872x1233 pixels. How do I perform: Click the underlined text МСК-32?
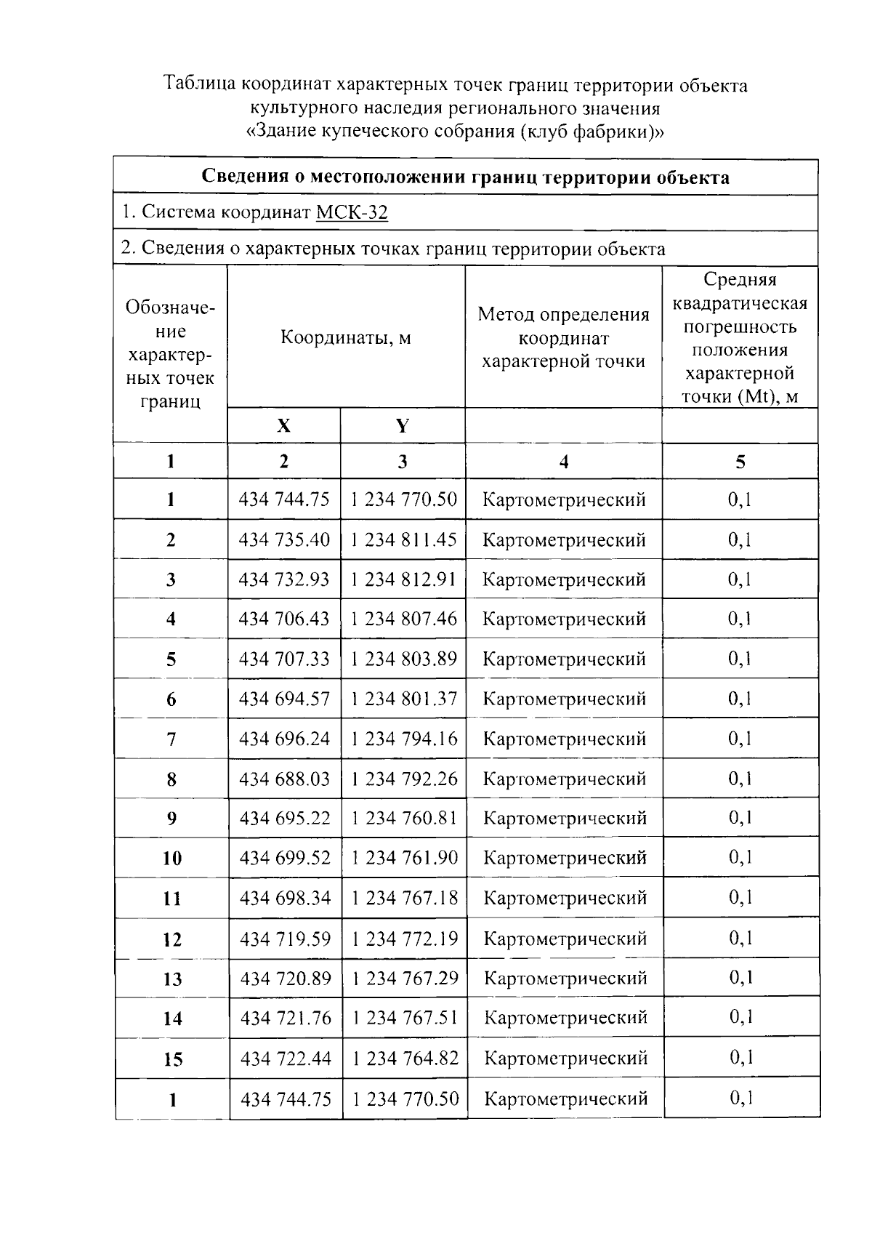coord(352,212)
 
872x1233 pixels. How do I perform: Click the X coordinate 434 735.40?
coord(284,540)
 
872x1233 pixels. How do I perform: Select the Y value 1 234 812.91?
coord(403,579)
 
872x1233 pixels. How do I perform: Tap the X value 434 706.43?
coord(284,619)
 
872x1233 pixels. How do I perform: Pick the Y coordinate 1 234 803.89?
coord(403,659)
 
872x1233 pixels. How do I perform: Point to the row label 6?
coord(171,699)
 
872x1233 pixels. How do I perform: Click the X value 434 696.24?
coord(284,739)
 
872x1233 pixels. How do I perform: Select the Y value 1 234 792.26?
coord(404,779)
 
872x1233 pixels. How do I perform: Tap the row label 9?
coord(171,819)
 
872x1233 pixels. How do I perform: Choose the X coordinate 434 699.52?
coord(285,858)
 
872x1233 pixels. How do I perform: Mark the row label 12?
coord(172,939)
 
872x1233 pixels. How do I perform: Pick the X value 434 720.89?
coord(286,978)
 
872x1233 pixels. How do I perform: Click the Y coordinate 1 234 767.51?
coord(405,1018)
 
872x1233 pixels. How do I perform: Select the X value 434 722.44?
coord(286,1058)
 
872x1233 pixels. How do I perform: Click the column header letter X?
coord(283,426)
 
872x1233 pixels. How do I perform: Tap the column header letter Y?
coord(403,426)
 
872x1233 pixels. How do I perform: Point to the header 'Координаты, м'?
coord(346,338)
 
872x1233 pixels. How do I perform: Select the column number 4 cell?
coord(564,462)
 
